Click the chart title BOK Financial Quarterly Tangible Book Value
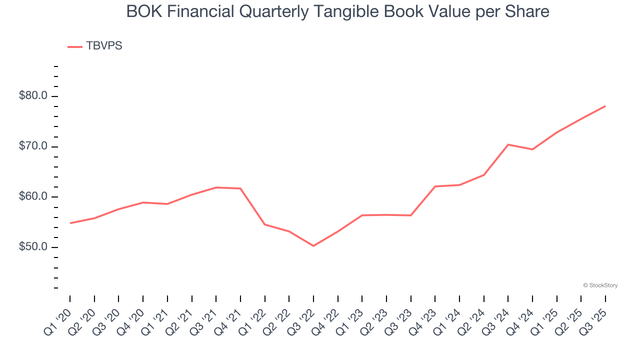337,11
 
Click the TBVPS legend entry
104,46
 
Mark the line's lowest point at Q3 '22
313,246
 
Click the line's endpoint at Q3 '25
605,106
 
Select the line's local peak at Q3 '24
508,144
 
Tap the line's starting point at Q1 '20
70,223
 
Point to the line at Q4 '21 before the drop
240,188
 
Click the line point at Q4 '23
435,186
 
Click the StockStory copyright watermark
600,285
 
